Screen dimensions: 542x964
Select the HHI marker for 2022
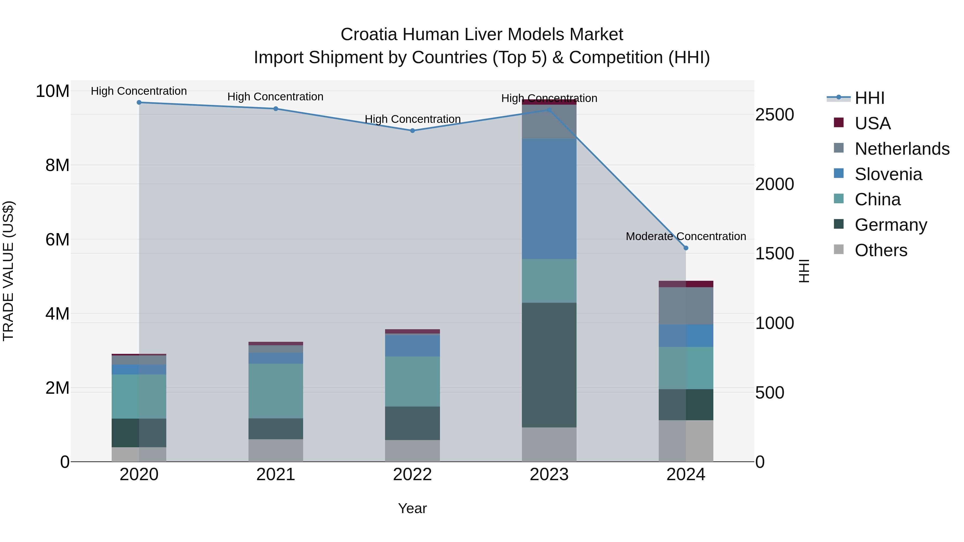click(x=412, y=131)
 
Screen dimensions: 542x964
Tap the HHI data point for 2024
click(x=686, y=248)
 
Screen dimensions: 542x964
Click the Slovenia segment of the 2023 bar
click(x=549, y=199)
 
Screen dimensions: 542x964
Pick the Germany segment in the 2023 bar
click(x=549, y=365)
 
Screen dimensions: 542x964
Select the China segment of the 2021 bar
click(x=276, y=391)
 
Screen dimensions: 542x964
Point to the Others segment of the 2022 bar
click(x=412, y=451)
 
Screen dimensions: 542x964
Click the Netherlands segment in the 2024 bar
click(x=686, y=306)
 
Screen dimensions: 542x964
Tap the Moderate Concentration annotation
click(x=686, y=236)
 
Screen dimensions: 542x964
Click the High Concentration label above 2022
click(x=412, y=119)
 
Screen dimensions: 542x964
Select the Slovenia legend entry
click(x=888, y=174)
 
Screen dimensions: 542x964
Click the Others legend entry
click(x=880, y=250)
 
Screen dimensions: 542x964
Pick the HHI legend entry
click(x=869, y=98)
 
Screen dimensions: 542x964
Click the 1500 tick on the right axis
click(x=774, y=254)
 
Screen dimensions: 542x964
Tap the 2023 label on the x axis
click(x=549, y=475)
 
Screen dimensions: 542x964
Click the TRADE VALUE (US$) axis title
click(x=8, y=271)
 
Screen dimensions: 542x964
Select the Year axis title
click(x=412, y=508)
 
